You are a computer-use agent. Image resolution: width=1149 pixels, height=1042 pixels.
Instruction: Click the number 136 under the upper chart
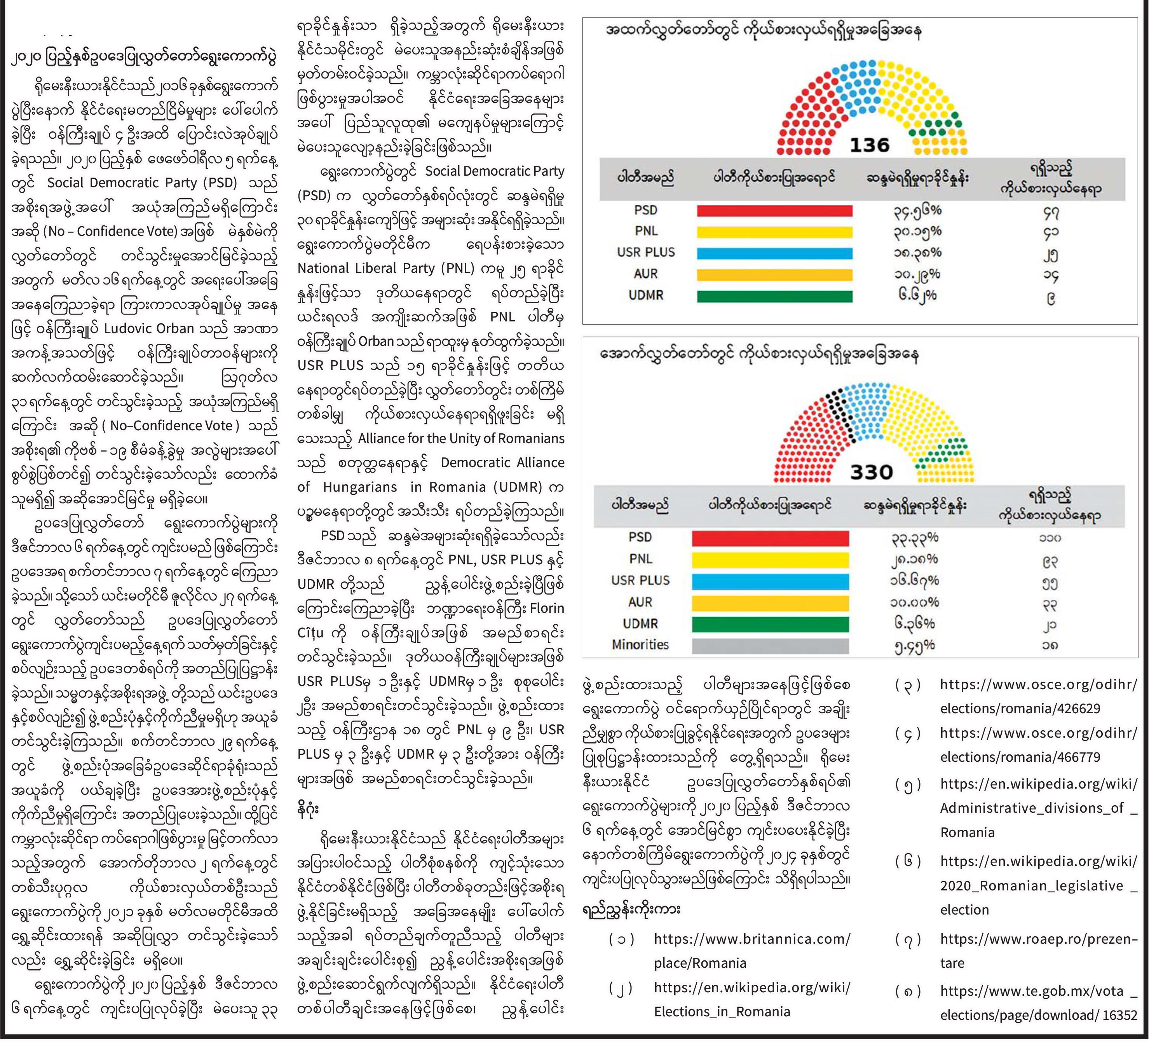tap(870, 145)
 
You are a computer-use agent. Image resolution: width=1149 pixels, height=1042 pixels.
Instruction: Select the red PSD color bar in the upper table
tap(774, 211)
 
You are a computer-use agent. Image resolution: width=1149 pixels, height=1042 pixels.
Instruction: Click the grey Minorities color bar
tap(770, 646)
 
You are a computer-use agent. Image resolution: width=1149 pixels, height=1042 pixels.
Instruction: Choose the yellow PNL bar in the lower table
tap(770, 560)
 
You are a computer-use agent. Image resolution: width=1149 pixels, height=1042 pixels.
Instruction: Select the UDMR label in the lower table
tap(641, 623)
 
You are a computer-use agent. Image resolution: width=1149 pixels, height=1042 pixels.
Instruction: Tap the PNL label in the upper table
tap(646, 231)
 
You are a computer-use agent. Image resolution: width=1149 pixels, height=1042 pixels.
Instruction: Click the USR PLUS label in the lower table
tap(641, 580)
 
